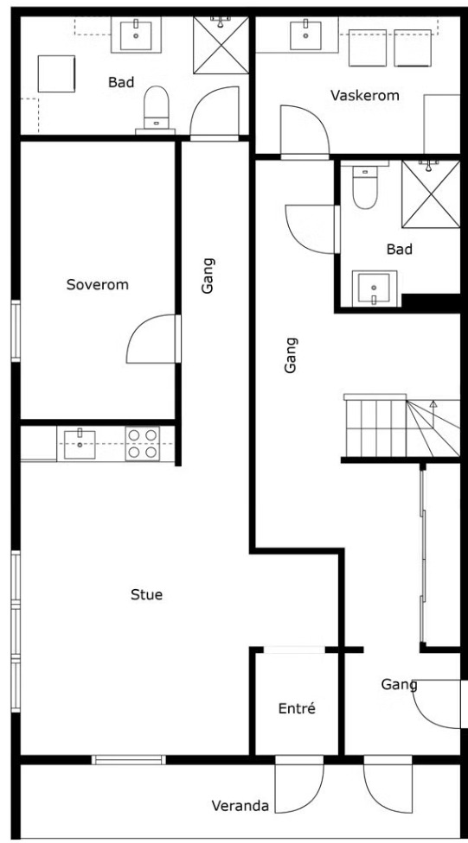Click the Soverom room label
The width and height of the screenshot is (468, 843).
click(x=98, y=284)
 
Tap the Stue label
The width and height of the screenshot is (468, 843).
click(x=146, y=594)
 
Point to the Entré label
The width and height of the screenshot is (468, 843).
click(x=297, y=708)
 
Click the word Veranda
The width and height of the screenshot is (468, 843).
click(x=240, y=806)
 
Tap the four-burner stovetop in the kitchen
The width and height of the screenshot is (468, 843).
click(x=143, y=444)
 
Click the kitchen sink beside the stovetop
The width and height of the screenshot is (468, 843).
click(x=80, y=444)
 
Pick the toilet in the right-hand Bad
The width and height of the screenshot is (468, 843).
click(x=365, y=187)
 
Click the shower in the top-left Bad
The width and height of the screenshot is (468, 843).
click(x=221, y=45)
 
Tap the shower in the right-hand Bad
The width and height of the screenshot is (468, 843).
click(x=431, y=194)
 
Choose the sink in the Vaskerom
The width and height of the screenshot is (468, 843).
click(x=306, y=35)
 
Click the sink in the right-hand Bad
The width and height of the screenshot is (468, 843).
click(x=375, y=288)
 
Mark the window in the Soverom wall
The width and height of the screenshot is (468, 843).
click(x=16, y=331)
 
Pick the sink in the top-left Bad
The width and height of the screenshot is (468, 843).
click(x=136, y=35)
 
